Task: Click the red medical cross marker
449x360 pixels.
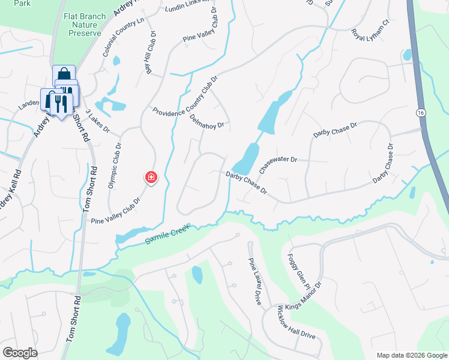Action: click(x=151, y=177)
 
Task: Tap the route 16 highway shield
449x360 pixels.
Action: click(x=421, y=113)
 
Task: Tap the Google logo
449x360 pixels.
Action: click(x=20, y=352)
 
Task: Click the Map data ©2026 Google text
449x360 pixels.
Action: click(x=411, y=355)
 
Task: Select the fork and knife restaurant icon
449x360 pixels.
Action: click(x=60, y=102)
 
